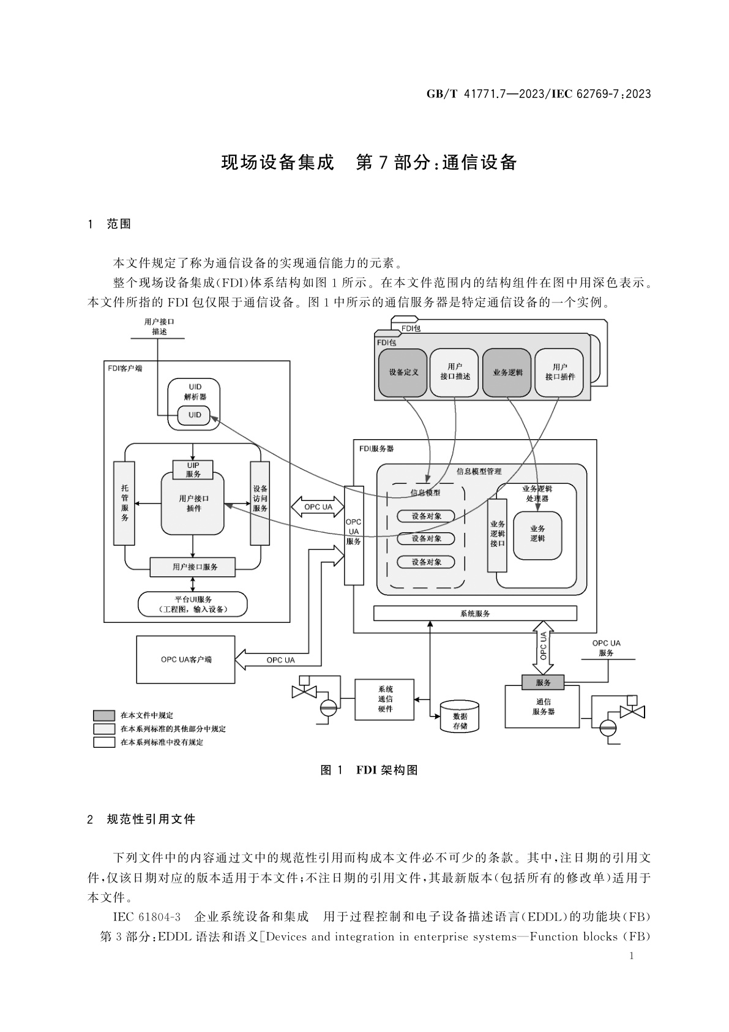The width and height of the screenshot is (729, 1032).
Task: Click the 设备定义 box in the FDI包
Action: pyautogui.click(x=403, y=372)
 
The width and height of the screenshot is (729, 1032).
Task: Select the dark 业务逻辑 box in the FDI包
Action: pyautogui.click(x=507, y=372)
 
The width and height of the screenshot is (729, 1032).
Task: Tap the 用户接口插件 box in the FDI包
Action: pyautogui.click(x=559, y=372)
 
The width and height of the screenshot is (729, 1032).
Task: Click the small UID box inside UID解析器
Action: pyautogui.click(x=194, y=415)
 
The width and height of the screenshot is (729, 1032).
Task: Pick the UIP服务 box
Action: pyautogui.click(x=193, y=470)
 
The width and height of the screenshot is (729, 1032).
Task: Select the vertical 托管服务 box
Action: pyautogui.click(x=124, y=503)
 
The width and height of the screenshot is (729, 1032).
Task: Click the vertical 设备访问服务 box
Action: pyautogui.click(x=260, y=503)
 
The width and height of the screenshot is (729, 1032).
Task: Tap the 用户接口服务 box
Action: pyautogui.click(x=194, y=567)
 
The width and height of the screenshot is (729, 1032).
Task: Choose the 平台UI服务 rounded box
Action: pyautogui.click(x=193, y=605)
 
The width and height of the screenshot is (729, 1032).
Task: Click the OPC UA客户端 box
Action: pyautogui.click(x=185, y=660)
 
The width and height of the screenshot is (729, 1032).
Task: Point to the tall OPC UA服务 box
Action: pyautogui.click(x=354, y=535)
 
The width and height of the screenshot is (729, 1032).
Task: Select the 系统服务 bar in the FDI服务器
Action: pyautogui.click(x=475, y=613)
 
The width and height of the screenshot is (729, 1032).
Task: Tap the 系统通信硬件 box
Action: pyautogui.click(x=385, y=699)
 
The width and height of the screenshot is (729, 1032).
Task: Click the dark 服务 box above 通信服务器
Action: pyautogui.click(x=543, y=682)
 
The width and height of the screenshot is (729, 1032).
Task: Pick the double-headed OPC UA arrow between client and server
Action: pyautogui.click(x=318, y=507)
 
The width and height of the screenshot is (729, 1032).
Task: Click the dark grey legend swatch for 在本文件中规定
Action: pyautogui.click(x=104, y=715)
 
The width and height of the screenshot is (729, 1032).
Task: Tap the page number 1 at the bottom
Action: pyautogui.click(x=632, y=957)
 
